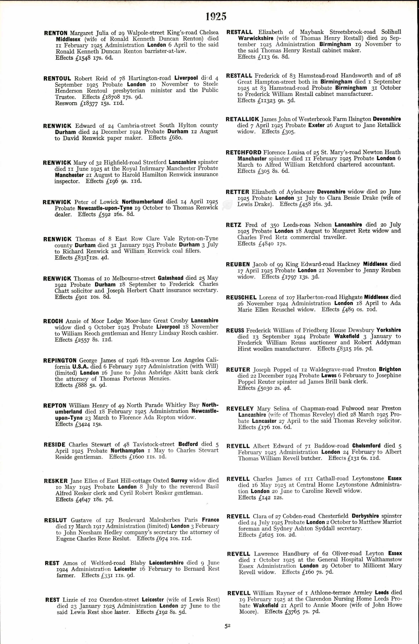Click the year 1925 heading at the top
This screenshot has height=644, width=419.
(216, 17)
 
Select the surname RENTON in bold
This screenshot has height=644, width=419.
(56, 33)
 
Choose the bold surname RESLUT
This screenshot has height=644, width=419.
(55, 520)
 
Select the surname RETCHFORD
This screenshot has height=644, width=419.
(244, 152)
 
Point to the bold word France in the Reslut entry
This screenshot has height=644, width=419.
(210, 520)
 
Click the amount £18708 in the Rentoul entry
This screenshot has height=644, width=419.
(112, 97)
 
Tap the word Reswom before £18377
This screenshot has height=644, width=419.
(66, 103)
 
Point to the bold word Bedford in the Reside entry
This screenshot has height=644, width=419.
(188, 444)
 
